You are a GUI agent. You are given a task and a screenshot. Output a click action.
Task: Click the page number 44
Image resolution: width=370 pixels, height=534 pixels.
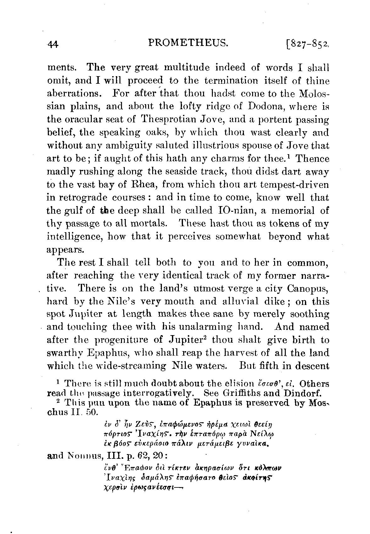click(x=52, y=45)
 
